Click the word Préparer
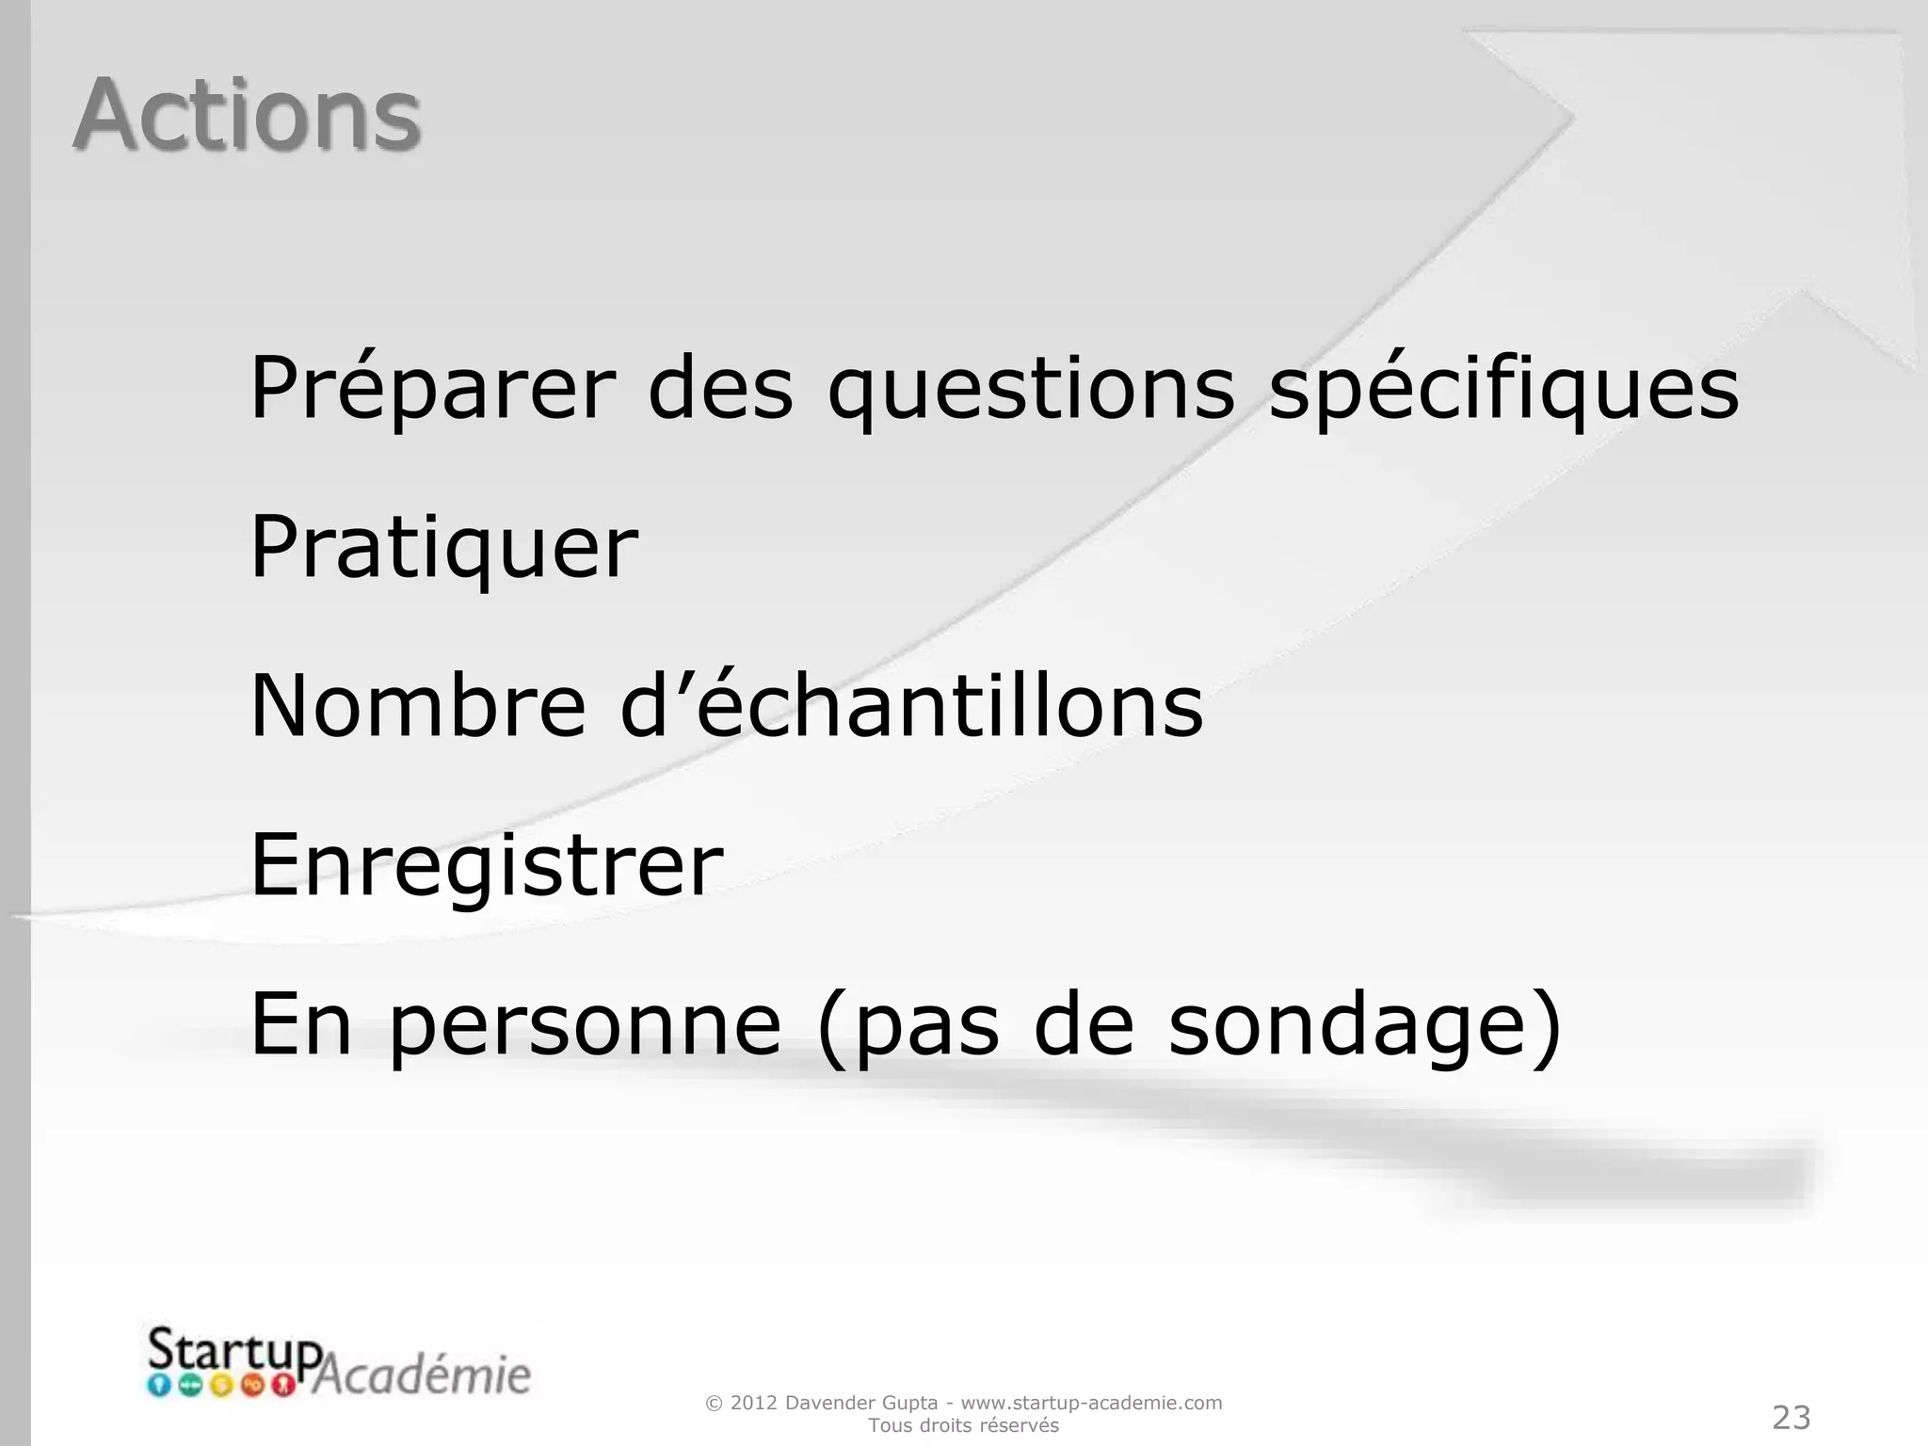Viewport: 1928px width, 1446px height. click(432, 388)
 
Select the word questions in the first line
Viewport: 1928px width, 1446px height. click(1031, 388)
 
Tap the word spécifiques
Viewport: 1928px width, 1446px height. click(1503, 388)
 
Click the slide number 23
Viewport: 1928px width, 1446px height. click(1791, 1417)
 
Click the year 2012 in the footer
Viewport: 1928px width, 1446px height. click(753, 1403)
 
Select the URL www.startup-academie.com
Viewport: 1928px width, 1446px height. click(1091, 1403)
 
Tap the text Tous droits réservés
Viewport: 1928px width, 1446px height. click(963, 1426)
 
